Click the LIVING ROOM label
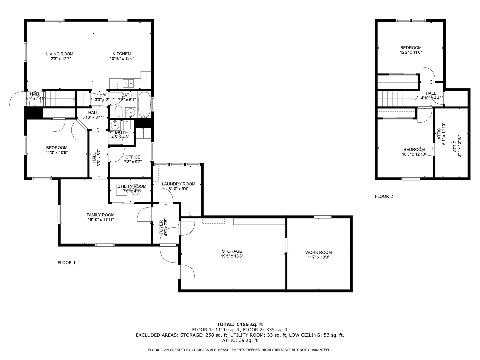(x=60, y=54)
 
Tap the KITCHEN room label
(x=122, y=54)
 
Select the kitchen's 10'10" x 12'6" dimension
(x=122, y=59)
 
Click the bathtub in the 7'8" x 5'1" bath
(x=145, y=104)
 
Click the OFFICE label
(x=133, y=157)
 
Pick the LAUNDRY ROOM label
(x=178, y=184)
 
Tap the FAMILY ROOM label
(x=100, y=215)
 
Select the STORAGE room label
(x=232, y=251)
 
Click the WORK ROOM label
(x=318, y=252)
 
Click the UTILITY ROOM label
(x=132, y=186)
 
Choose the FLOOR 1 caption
(x=67, y=263)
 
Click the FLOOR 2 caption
(x=384, y=196)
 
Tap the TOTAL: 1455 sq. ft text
(x=240, y=324)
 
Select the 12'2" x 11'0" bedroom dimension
(x=411, y=52)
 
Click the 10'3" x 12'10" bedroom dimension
(x=414, y=154)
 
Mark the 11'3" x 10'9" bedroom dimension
(x=57, y=152)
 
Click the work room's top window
(x=322, y=217)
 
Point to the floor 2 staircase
(x=397, y=99)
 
